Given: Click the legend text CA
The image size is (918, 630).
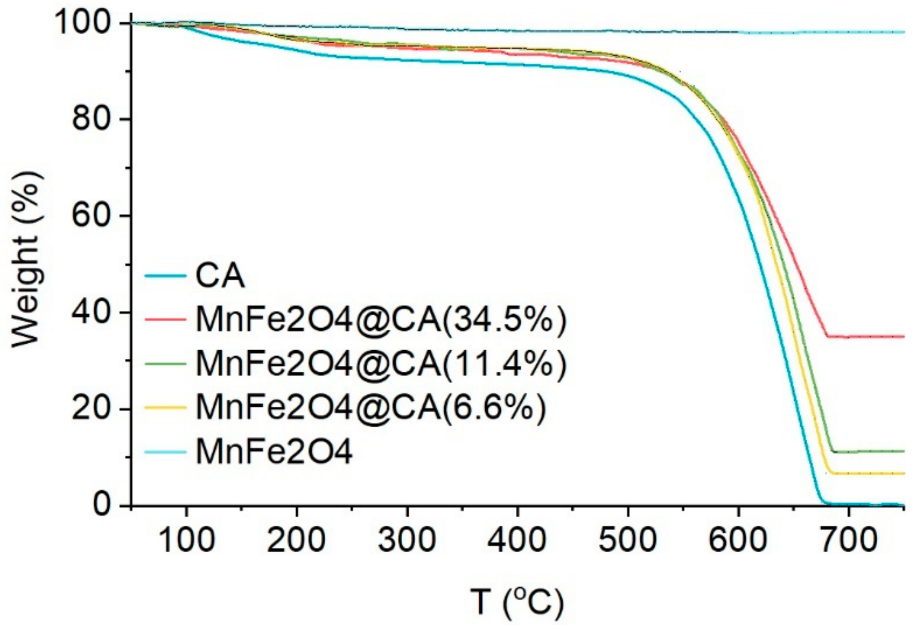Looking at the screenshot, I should tap(220, 276).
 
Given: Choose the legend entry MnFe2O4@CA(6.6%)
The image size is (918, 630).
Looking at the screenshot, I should tap(371, 408).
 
